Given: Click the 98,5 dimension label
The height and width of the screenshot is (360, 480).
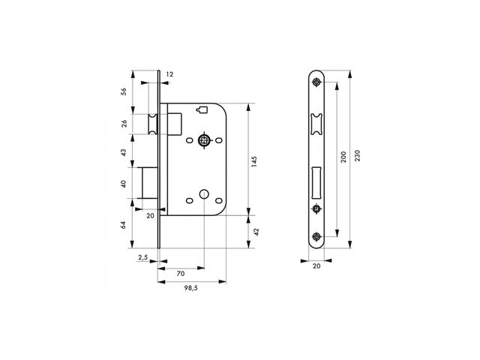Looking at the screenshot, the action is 190,288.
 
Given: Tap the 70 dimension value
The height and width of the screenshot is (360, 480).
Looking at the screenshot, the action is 181,273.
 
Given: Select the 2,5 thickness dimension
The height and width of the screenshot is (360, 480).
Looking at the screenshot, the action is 143,257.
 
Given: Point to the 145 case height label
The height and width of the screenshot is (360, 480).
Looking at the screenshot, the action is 254,161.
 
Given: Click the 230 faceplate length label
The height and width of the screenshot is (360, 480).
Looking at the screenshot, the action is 357,155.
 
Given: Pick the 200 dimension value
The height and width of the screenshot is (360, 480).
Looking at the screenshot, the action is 343,157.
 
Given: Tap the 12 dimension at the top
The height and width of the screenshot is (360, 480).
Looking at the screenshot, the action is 169,74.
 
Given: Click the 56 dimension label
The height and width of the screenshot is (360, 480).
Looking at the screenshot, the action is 124,91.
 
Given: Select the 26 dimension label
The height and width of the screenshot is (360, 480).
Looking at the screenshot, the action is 124,124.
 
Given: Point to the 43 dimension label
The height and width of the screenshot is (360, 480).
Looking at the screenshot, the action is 124,152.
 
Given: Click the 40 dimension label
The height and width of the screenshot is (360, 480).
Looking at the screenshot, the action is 124,184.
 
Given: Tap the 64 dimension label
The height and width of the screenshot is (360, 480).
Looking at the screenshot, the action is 124,225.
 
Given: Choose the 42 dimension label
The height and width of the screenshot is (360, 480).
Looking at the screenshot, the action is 256,232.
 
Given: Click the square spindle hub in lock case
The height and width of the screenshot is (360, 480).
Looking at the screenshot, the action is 204,140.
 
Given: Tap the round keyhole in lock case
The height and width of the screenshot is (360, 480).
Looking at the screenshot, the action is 204,194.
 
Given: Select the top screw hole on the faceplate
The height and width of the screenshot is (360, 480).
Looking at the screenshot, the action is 316,82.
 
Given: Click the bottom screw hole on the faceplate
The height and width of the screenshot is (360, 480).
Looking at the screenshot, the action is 316,237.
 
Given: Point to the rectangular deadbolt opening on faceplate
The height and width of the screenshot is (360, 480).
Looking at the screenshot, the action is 316,182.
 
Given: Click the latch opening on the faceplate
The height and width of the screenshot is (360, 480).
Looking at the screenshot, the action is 316,124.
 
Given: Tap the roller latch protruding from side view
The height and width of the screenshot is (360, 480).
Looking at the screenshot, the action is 153,124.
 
